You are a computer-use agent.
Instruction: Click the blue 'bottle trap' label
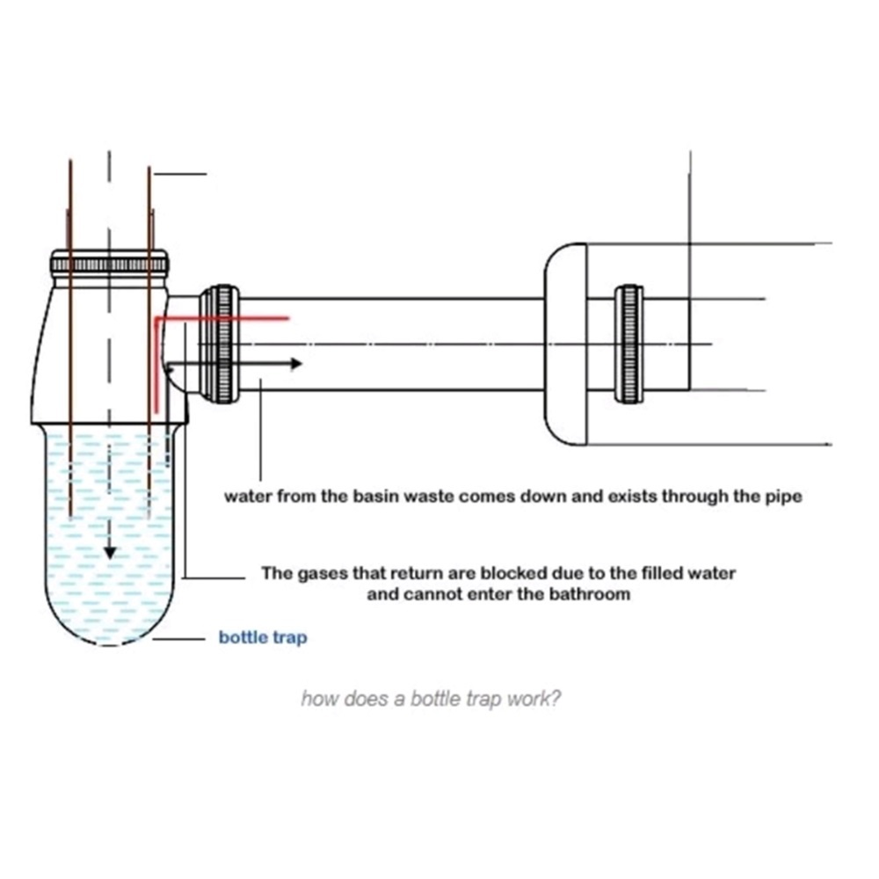263,638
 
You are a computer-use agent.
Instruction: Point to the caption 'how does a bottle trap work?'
431,700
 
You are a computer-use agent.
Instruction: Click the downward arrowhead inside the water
110,551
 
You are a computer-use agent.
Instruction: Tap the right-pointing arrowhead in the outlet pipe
296,363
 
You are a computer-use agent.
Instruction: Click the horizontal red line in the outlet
224,317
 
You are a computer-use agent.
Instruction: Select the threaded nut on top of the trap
109,262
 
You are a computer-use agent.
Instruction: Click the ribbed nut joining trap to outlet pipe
219,344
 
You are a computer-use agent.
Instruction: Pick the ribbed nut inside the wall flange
628,344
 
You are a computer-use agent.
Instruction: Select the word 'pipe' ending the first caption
783,497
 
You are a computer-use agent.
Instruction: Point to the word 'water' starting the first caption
248,497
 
